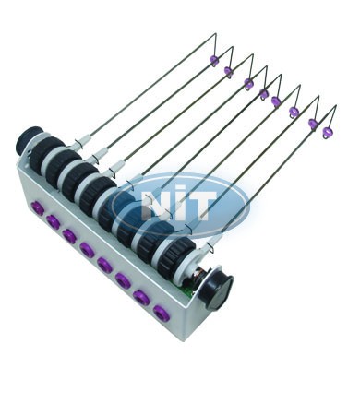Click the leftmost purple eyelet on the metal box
[x=39, y=207]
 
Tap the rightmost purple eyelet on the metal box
[x=162, y=313]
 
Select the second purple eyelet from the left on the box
[x=54, y=221]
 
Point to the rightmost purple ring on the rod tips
[x=328, y=133]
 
